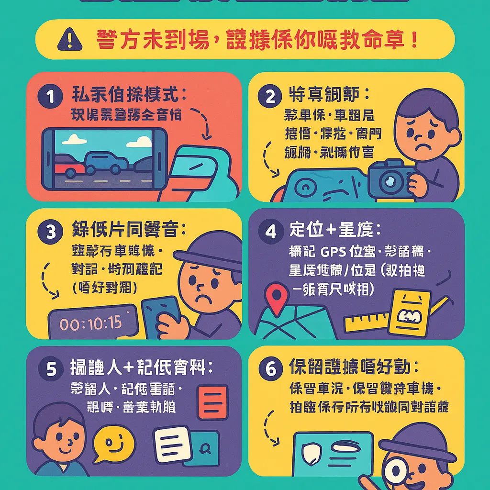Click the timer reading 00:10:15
[x=91, y=323]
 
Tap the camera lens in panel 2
[x=391, y=181]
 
